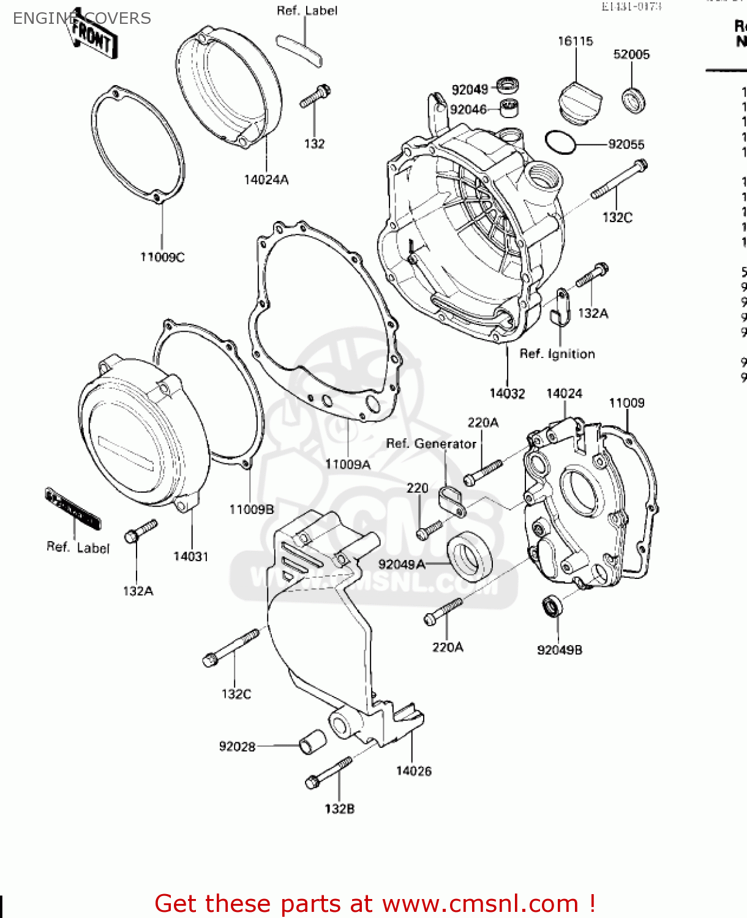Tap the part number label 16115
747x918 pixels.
[x=575, y=41]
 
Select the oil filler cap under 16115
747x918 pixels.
[x=579, y=103]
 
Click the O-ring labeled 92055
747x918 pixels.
[x=560, y=142]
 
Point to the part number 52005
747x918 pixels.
[x=631, y=54]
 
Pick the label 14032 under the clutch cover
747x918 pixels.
[x=507, y=394]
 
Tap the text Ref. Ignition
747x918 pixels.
[x=557, y=354]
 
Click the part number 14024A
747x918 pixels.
[x=266, y=179]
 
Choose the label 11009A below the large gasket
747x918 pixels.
[x=347, y=465]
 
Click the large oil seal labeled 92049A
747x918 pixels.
[x=470, y=556]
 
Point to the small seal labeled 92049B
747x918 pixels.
[x=552, y=606]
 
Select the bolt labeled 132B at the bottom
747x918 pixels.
[x=329, y=773]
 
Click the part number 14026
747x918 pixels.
[x=413, y=771]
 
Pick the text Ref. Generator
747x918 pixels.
[x=431, y=444]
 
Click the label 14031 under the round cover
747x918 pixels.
[x=190, y=556]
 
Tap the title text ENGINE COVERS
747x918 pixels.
[x=81, y=18]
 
